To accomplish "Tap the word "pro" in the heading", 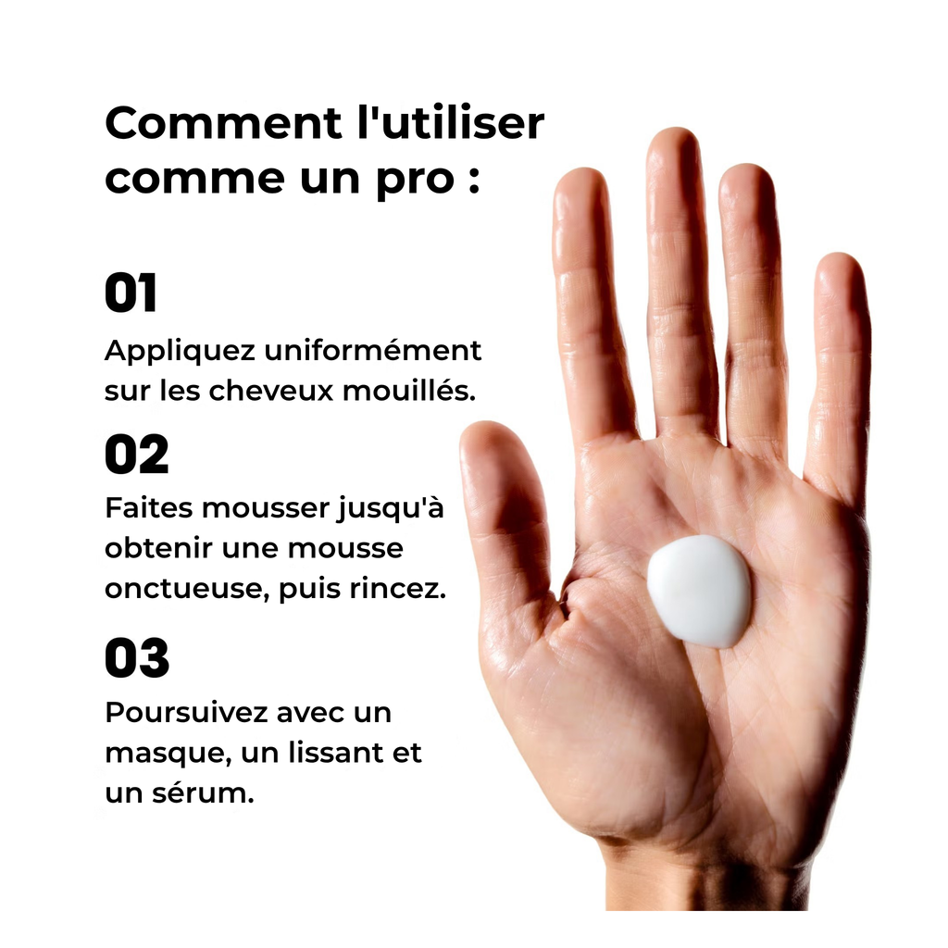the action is click(416, 181).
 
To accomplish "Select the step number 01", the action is click(131, 293).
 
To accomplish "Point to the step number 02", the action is click(137, 455).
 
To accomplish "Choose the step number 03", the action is click(137, 658).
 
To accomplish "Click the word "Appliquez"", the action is click(181, 352).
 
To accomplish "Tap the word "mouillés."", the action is click(409, 391).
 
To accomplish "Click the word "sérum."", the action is click(203, 793).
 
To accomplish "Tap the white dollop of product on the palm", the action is click(700, 592).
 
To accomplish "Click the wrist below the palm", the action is click(707, 882).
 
